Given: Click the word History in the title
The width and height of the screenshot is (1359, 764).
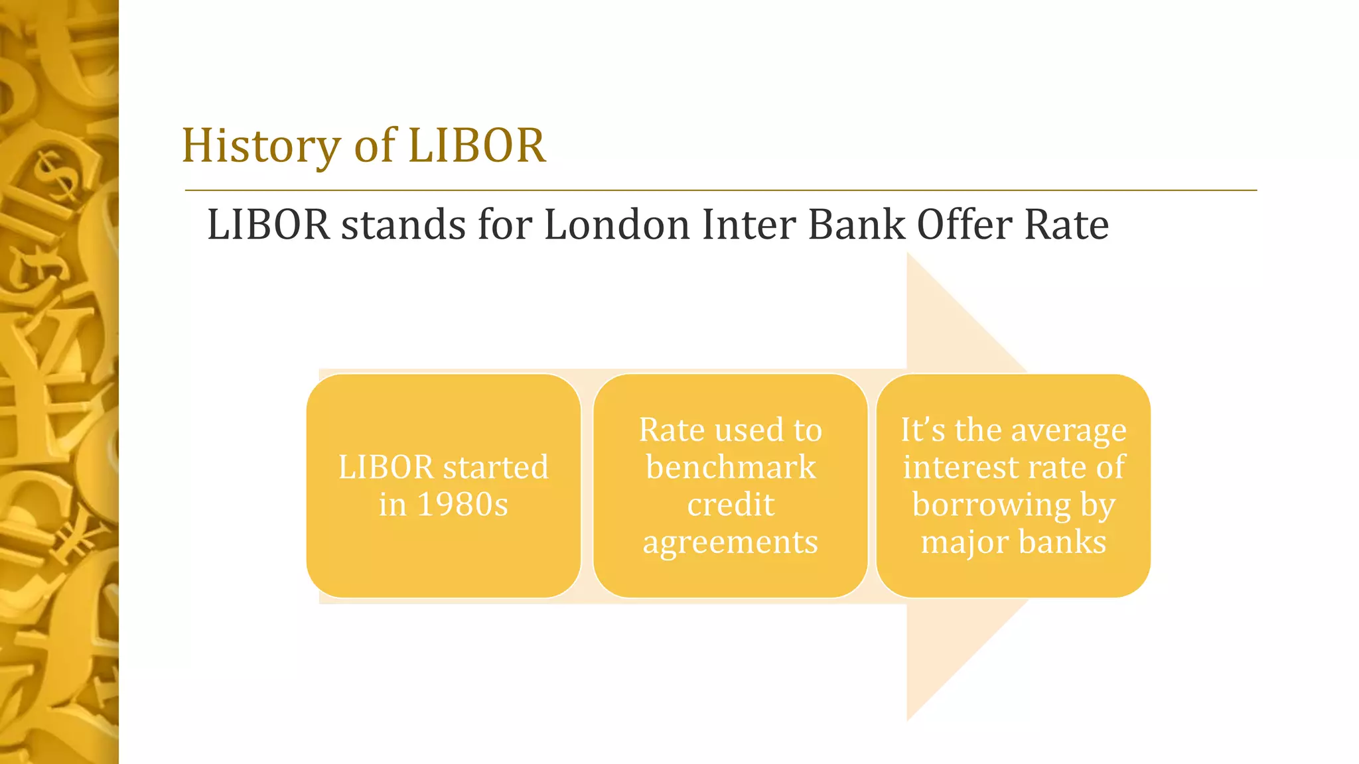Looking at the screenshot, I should point(261,146).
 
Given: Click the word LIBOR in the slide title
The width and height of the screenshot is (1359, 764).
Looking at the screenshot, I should point(476,146).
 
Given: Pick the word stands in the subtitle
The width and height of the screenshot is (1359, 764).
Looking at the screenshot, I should point(403,224).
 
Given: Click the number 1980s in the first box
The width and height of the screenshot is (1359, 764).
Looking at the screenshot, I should point(463,505).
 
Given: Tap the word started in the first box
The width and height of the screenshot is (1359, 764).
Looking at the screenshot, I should point(496,468).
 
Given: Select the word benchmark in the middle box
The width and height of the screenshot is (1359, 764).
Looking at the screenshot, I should point(731,468).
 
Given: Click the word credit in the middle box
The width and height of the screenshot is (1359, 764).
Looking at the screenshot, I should point(731,505).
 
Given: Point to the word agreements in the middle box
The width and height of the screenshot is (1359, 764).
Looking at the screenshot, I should point(731,542).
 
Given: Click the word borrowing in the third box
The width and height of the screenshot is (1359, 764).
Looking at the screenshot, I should point(991,505).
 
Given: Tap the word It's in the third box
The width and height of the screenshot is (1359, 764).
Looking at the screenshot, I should point(923,430).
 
